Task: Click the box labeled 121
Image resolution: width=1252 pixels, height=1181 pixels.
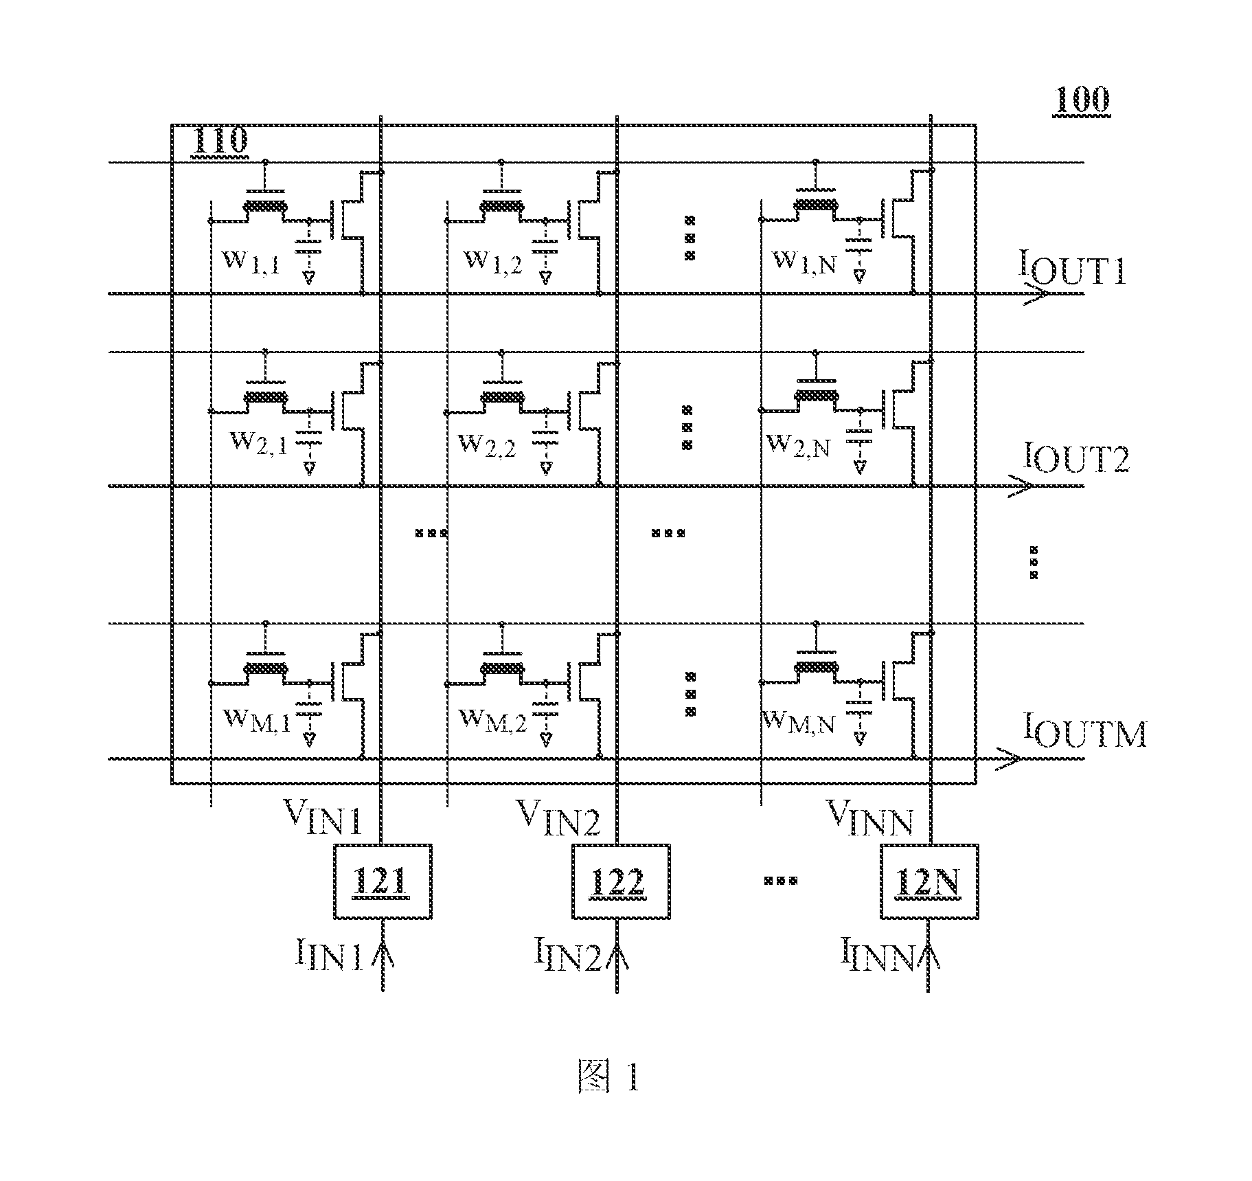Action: [383, 881]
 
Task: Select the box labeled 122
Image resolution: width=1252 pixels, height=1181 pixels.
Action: [620, 881]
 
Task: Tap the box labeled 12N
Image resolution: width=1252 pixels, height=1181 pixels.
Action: [929, 881]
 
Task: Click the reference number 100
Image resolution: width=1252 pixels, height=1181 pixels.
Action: [1081, 101]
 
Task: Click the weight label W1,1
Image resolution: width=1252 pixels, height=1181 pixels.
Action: [250, 262]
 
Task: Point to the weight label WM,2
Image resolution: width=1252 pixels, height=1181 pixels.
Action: [492, 721]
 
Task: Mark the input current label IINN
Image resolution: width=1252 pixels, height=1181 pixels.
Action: [879, 956]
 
